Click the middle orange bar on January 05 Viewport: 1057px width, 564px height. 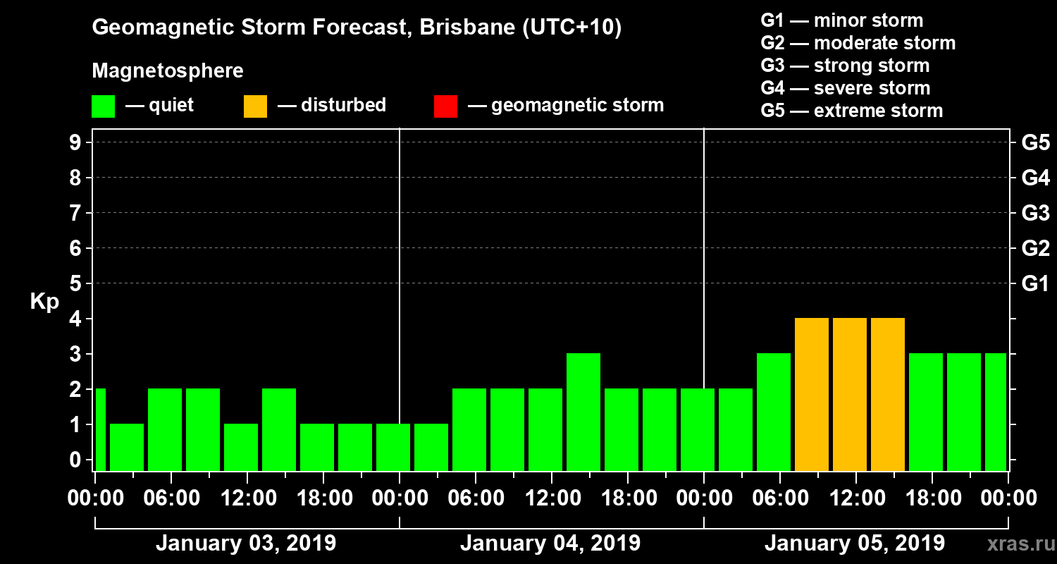(850, 395)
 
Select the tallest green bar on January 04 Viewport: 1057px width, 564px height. (583, 412)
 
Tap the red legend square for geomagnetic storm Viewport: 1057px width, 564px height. (445, 106)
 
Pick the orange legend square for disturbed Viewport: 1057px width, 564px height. (255, 106)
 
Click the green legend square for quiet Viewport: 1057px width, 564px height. (103, 106)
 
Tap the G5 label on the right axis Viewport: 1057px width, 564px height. (1035, 142)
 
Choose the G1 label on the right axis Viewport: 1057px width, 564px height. (1035, 283)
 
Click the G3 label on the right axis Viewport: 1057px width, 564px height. (1035, 213)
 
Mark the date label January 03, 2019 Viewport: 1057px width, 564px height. (245, 544)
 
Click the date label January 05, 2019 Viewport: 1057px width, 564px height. (854, 544)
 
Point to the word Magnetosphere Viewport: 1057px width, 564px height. (168, 71)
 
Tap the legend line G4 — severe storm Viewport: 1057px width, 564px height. (845, 88)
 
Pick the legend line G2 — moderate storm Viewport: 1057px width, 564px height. (858, 43)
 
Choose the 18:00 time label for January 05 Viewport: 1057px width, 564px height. (932, 498)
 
